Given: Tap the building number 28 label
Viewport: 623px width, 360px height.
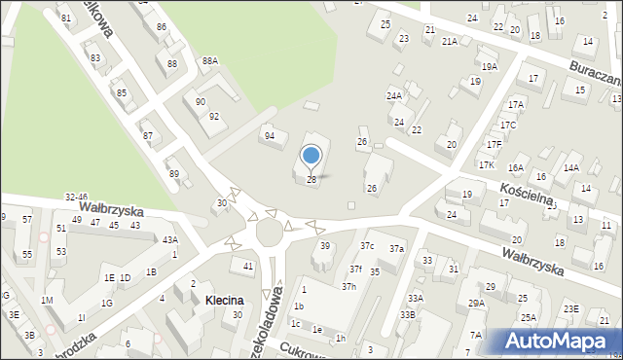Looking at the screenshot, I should click(x=311, y=180).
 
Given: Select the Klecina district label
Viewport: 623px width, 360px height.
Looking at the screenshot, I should click(x=224, y=302).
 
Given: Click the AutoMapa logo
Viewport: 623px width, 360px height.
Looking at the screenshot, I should click(x=561, y=341).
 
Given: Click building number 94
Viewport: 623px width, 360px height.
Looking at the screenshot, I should click(x=270, y=135).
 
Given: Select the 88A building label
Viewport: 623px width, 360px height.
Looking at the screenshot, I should click(x=210, y=61).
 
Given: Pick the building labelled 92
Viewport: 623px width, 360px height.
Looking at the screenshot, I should click(x=214, y=117).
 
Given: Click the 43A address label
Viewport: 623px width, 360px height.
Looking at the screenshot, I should click(x=169, y=239).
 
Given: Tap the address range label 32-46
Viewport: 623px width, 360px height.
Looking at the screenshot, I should click(x=77, y=198).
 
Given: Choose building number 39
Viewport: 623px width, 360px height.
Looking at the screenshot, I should click(x=325, y=246).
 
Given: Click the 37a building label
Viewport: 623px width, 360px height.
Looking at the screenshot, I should click(x=396, y=249).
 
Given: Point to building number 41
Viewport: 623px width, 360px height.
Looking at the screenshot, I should click(x=248, y=266).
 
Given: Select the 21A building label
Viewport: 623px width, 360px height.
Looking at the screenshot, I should click(x=449, y=42).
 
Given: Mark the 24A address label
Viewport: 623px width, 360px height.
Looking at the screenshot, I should click(x=394, y=96).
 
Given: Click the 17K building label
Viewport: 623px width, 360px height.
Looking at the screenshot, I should click(x=487, y=165).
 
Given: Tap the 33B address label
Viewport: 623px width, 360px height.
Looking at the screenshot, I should click(x=407, y=314).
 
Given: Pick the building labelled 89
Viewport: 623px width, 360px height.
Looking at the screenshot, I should click(x=174, y=173).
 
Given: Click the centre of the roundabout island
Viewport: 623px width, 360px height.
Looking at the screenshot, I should click(x=270, y=233).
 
